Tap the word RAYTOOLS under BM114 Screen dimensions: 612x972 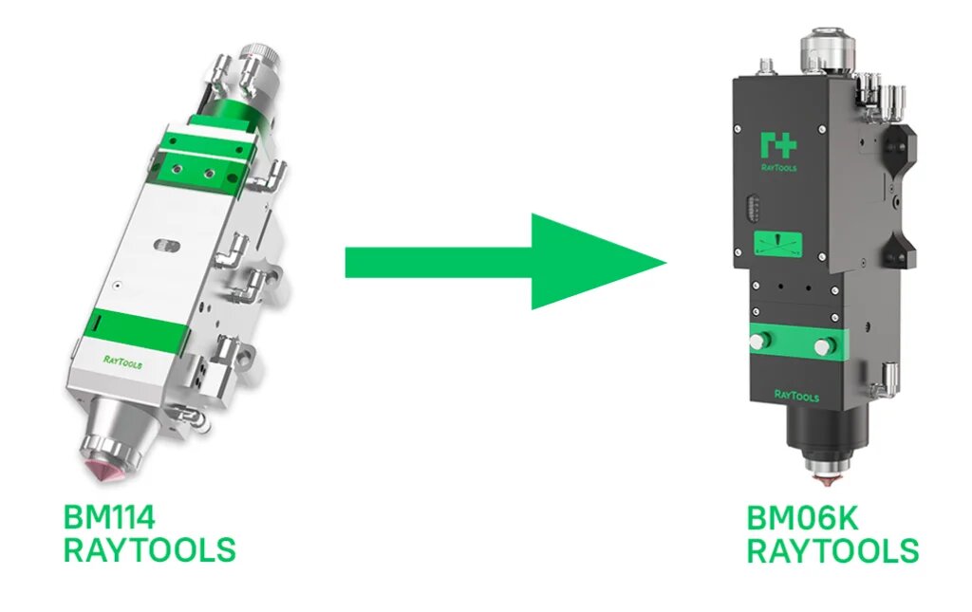coord(149,549)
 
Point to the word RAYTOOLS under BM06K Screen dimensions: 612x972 coord(832,550)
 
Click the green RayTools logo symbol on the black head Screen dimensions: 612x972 coord(777,144)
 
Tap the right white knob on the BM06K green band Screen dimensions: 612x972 coord(832,343)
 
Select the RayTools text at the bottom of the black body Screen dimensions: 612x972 coord(795,396)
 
